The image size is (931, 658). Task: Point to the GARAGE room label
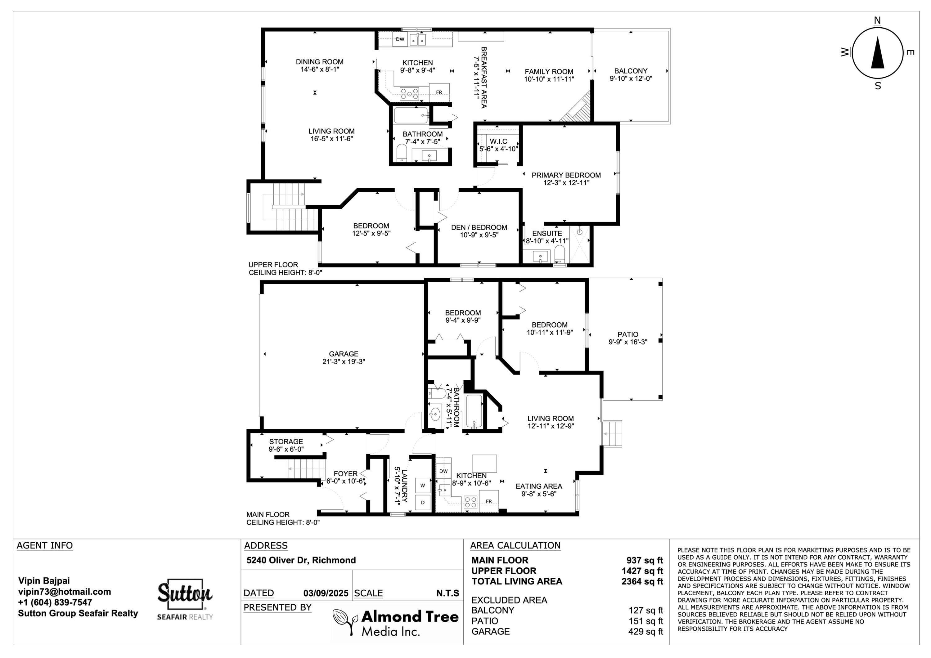[344, 354]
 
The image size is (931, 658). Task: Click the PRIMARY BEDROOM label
[566, 175]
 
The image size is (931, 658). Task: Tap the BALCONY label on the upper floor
[631, 71]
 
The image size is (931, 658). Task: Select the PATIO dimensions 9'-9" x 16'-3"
[628, 342]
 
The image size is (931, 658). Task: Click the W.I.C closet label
[498, 141]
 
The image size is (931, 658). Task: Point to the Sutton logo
[185, 599]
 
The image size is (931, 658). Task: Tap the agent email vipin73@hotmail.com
[65, 592]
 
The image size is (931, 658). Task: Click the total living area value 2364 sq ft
[642, 581]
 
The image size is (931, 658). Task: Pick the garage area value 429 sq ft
[645, 631]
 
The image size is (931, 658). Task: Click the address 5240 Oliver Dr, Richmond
[301, 560]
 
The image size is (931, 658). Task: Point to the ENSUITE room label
[547, 234]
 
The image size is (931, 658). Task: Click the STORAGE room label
[286, 441]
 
